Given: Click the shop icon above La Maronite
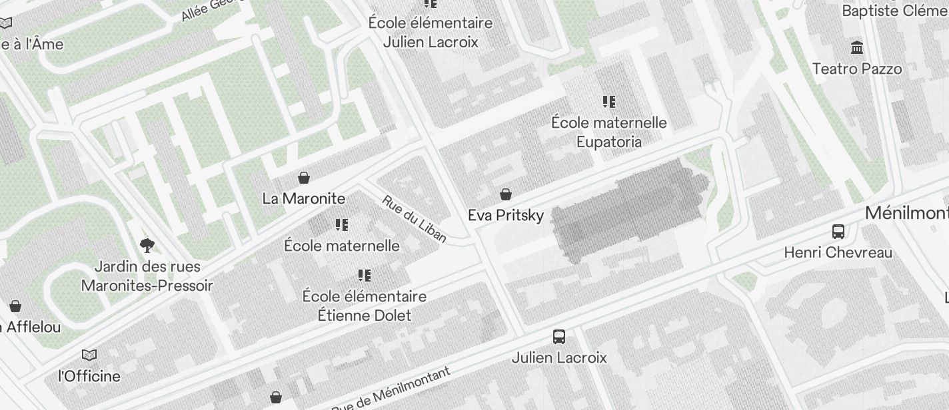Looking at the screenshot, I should click(304, 178).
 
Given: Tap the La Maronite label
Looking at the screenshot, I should click(304, 198).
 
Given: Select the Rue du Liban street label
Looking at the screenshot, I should click(415, 219).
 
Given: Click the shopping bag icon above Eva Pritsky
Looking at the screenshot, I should click(506, 194).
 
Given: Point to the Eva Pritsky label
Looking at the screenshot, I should click(506, 215).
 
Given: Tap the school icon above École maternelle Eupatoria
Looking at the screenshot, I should click(608, 102).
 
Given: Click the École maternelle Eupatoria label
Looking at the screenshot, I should click(609, 132).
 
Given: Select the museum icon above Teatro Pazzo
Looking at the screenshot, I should click(857, 48).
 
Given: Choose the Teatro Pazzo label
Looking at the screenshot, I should click(857, 69).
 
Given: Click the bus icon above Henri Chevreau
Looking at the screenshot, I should click(838, 232).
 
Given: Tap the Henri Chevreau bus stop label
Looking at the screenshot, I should click(838, 252).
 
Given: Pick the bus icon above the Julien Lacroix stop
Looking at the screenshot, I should click(559, 337).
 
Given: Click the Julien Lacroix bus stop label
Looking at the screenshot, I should click(559, 357).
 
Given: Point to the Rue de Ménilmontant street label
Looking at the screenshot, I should click(391, 389).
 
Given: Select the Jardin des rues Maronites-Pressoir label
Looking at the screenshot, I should click(147, 276).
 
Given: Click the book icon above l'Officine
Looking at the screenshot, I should click(89, 355).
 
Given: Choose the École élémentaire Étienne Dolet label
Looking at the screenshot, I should click(365, 306).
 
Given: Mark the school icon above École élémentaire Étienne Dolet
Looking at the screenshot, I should click(364, 276).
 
